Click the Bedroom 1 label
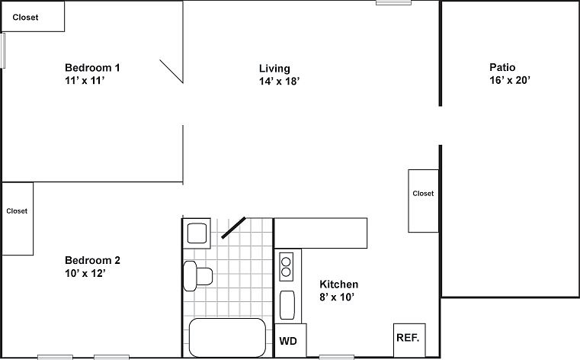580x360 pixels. click(x=92, y=67)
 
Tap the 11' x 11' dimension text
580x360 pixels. click(x=84, y=81)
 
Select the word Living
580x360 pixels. click(x=274, y=69)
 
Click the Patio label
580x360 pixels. click(x=502, y=67)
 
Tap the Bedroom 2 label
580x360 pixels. click(x=92, y=260)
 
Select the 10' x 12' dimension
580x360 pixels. click(x=84, y=273)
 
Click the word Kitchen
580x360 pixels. click(x=338, y=284)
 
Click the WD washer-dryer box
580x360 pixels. click(x=289, y=341)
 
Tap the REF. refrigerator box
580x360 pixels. click(x=406, y=336)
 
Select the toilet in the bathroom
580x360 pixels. click(x=198, y=274)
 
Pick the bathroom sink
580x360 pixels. click(x=197, y=232)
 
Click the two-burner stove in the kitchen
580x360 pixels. click(x=287, y=266)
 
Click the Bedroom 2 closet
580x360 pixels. click(x=17, y=218)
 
